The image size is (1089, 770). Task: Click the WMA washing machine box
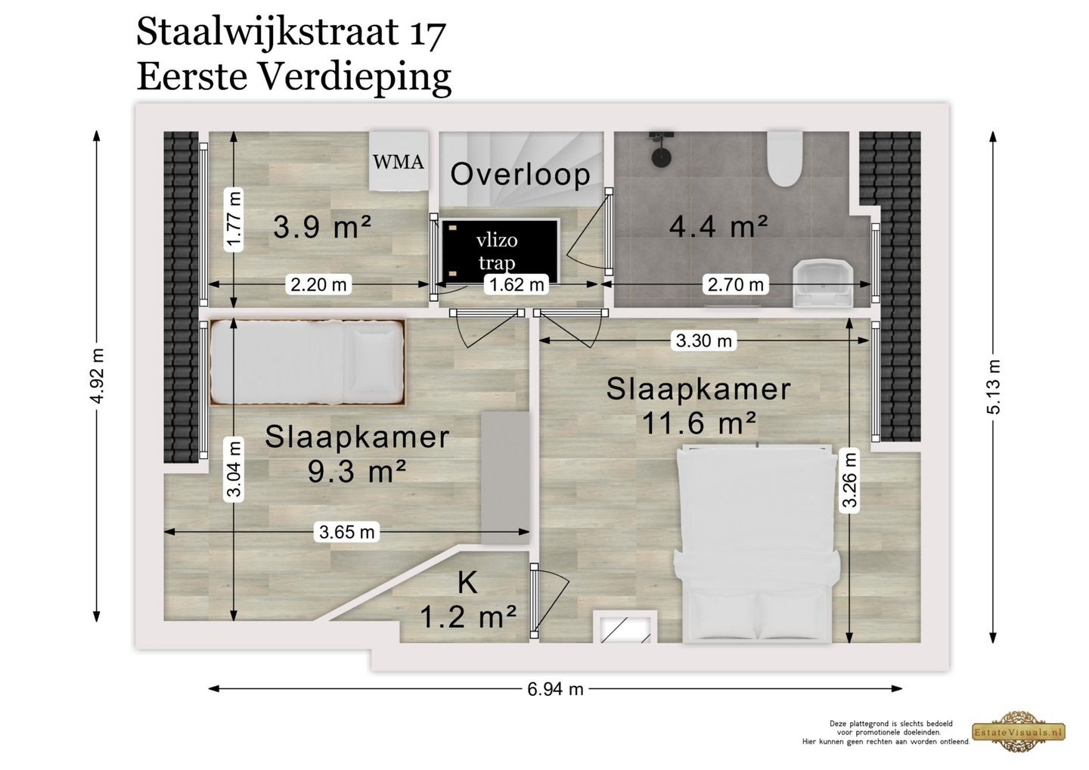click(398, 160)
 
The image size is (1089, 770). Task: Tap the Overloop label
click(520, 175)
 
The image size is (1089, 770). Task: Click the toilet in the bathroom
click(783, 158)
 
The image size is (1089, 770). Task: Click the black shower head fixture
click(662, 149)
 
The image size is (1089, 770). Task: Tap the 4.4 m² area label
click(718, 225)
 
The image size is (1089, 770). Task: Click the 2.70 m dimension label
click(735, 285)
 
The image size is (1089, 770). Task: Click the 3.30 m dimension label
click(704, 341)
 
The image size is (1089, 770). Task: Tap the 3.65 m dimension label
click(347, 532)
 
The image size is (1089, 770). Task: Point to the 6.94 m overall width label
click(555, 689)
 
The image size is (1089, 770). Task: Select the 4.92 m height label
click(97, 376)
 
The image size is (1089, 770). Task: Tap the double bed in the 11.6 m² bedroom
click(756, 545)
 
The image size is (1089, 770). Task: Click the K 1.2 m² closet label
click(468, 601)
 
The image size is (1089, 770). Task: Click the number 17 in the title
click(427, 34)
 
